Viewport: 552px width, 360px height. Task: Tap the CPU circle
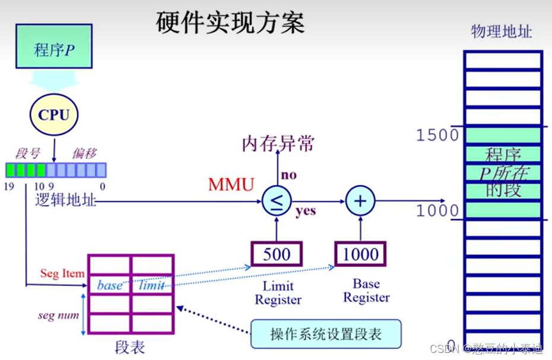54,115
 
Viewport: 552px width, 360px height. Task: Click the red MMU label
231,184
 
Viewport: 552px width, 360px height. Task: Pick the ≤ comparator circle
277,201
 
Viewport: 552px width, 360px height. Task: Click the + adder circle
360,201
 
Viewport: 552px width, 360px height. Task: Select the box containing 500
277,254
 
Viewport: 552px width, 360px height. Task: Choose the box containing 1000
360,254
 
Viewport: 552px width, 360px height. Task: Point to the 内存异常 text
278,144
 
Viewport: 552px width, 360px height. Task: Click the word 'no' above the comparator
288,175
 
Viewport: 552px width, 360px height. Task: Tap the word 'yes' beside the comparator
306,211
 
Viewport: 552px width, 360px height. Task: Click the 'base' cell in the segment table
109,285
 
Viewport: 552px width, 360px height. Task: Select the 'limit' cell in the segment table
152,285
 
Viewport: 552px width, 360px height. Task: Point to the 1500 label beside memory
437,135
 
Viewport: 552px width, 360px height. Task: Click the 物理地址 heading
502,31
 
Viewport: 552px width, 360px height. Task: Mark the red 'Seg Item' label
62,273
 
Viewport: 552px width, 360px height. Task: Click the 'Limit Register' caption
278,292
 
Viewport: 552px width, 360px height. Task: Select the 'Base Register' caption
366,290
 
